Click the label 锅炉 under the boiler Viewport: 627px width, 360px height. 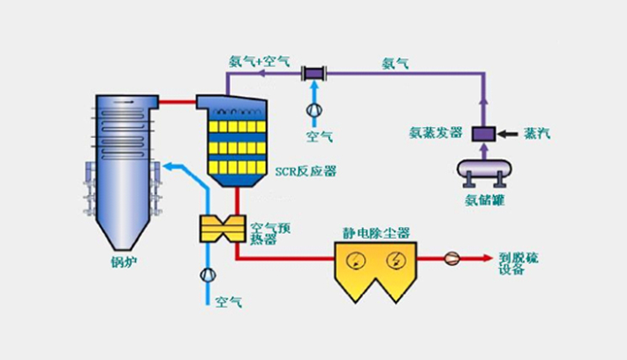click(x=123, y=263)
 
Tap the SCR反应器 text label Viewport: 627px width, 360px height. click(x=306, y=171)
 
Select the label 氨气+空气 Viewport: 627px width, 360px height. click(x=260, y=61)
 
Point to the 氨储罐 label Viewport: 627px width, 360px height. click(x=485, y=200)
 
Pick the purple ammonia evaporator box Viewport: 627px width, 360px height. click(x=484, y=133)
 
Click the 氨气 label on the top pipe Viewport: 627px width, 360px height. click(x=395, y=62)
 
